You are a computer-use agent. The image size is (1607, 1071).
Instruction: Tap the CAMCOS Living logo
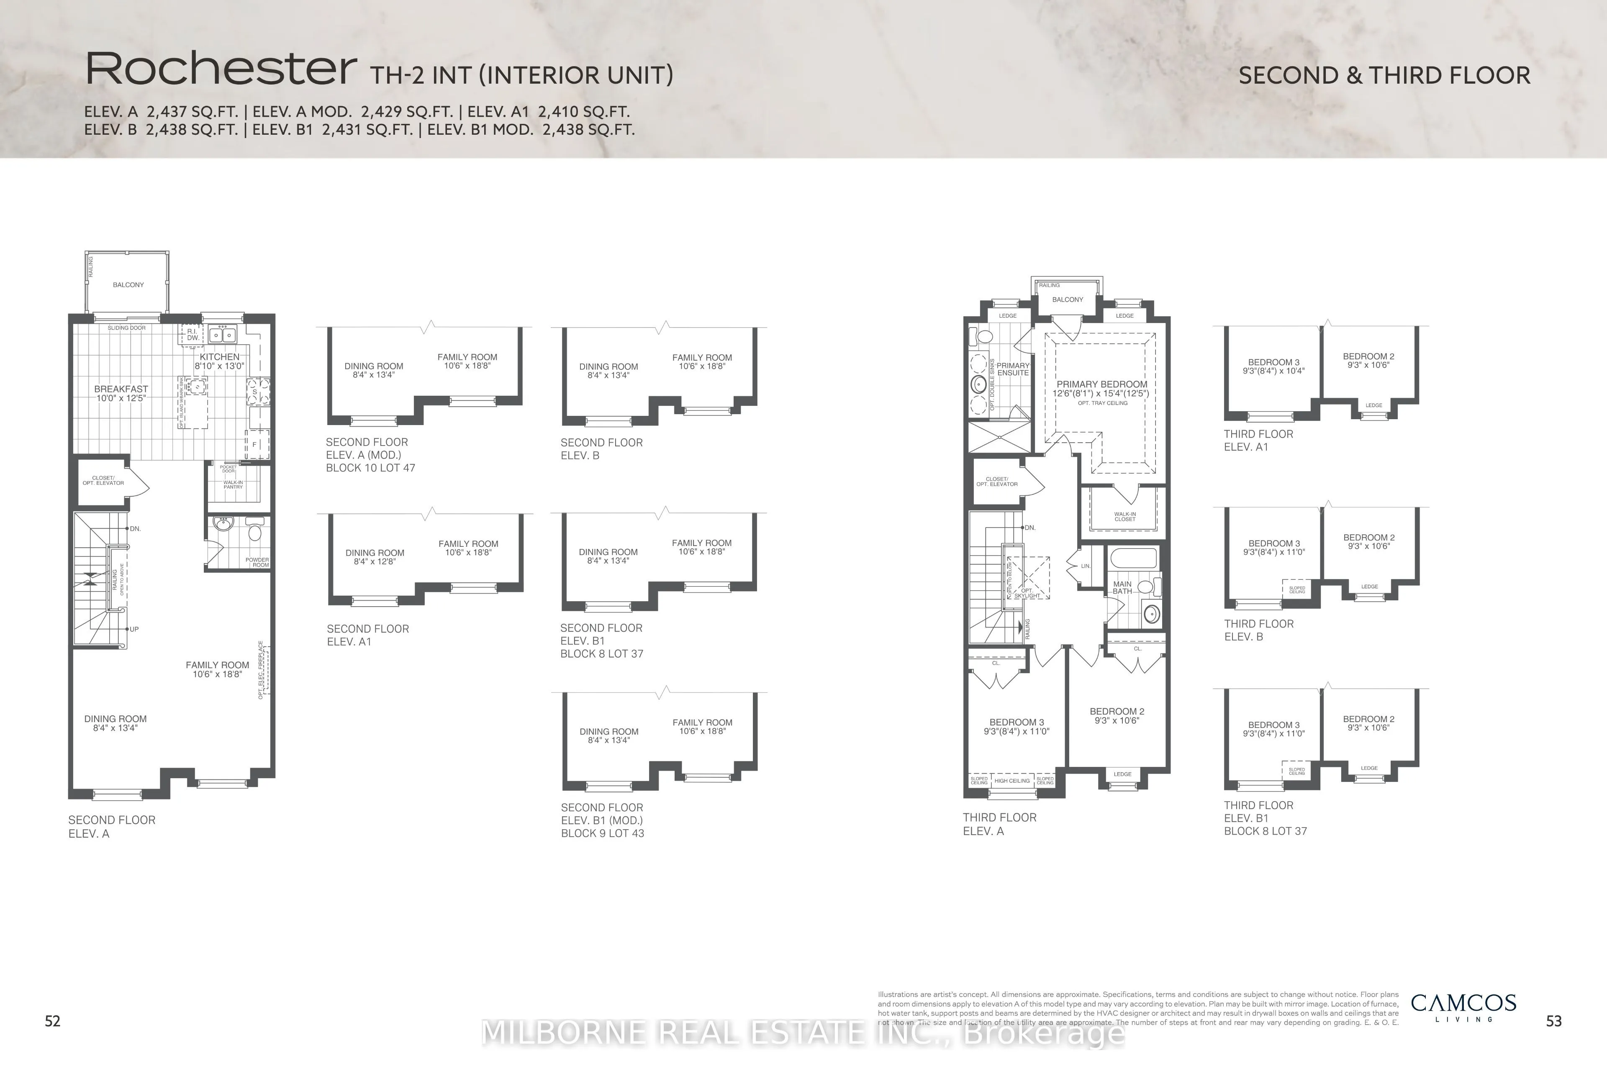[1463, 1007]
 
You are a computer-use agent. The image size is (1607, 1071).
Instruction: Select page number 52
[53, 1020]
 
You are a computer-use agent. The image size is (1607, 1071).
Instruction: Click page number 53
[1554, 1020]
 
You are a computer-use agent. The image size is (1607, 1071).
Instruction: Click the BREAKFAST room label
[121, 389]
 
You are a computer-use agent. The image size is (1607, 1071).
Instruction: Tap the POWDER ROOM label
[257, 562]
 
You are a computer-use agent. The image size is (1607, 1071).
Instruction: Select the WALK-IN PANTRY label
[233, 484]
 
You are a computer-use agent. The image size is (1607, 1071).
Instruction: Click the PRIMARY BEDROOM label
[1101, 384]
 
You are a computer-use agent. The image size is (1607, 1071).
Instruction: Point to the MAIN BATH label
[1122, 587]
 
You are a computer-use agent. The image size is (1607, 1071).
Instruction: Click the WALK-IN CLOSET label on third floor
[1124, 516]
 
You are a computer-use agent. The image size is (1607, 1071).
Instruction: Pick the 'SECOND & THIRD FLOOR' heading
[1384, 75]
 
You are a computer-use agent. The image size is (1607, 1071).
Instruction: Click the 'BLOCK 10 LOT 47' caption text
[370, 468]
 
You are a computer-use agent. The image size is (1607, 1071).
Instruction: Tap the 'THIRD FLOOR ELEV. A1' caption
[1258, 441]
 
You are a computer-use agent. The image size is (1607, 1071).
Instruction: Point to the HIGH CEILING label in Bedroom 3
[1012, 781]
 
